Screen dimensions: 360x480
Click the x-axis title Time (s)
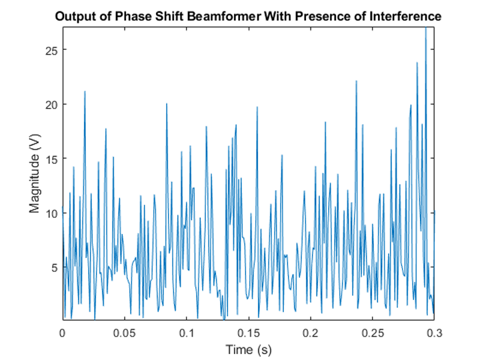[x=248, y=349]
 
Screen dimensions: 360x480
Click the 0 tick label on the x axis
[x=63, y=331]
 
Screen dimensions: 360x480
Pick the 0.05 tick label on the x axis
[x=124, y=331]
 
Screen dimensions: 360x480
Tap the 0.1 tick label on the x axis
[x=186, y=331]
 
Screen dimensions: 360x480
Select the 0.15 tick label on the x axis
[x=248, y=331]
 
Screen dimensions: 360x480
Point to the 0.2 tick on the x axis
[x=310, y=331]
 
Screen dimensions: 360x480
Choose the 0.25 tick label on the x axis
[x=372, y=331]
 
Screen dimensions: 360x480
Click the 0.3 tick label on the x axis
[x=433, y=331]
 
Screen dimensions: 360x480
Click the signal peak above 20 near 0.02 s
[x=85, y=92]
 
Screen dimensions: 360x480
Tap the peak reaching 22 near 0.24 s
[x=357, y=82]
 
